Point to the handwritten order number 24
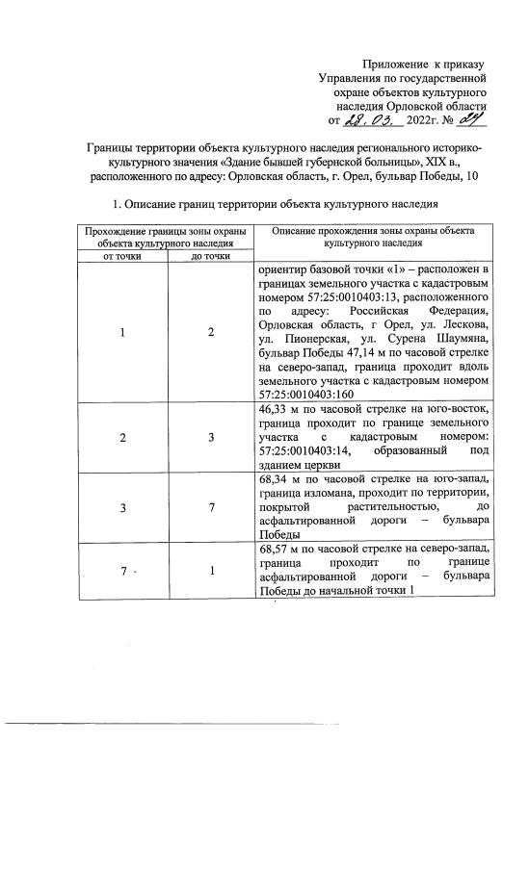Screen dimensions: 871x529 pos(468,120)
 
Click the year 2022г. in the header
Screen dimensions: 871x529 pos(427,122)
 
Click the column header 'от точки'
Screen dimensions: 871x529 pos(121,257)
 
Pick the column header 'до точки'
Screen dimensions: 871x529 pos(209,257)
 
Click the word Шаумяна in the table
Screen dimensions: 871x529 pos(461,341)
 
